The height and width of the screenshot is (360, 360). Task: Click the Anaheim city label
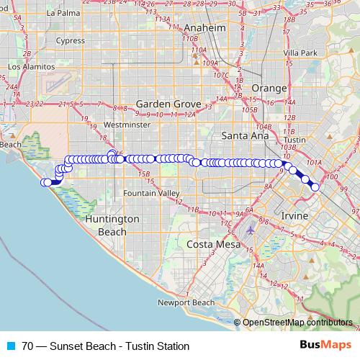tap(205, 27)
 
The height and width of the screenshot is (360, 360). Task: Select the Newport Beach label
tap(186, 302)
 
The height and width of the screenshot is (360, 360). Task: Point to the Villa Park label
tap(300, 53)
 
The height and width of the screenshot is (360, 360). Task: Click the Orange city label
tap(269, 88)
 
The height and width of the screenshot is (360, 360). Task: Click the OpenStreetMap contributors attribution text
tap(297, 323)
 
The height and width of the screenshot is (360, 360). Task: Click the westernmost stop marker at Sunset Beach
tap(45, 182)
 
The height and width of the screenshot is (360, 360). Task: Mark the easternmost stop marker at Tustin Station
tap(315, 187)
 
